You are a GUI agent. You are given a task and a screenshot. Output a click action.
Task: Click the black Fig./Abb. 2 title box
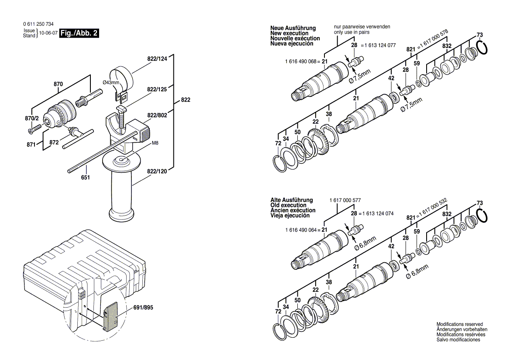tap(79, 33)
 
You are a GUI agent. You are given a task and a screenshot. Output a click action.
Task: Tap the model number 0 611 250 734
tap(38, 24)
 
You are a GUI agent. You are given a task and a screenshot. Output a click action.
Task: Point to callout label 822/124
tap(157, 58)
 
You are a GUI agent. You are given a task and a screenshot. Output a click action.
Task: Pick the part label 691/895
tap(143, 307)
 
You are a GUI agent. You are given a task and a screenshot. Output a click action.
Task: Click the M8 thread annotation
tap(155, 143)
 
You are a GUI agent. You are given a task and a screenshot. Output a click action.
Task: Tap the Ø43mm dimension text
tap(111, 82)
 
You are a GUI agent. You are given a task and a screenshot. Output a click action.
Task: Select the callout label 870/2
tap(32, 119)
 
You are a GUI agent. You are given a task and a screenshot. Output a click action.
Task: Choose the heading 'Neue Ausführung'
tap(293, 28)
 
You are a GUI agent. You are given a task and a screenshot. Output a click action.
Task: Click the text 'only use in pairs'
tap(351, 32)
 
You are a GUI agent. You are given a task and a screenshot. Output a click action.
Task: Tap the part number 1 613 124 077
tap(380, 45)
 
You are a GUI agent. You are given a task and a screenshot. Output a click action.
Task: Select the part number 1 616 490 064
tap(301, 230)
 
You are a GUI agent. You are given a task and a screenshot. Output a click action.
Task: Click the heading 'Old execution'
tap(289, 206)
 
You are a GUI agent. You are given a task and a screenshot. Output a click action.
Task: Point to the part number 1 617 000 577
tap(345, 200)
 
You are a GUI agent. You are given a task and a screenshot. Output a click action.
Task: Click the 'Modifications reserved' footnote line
tap(460, 324)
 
